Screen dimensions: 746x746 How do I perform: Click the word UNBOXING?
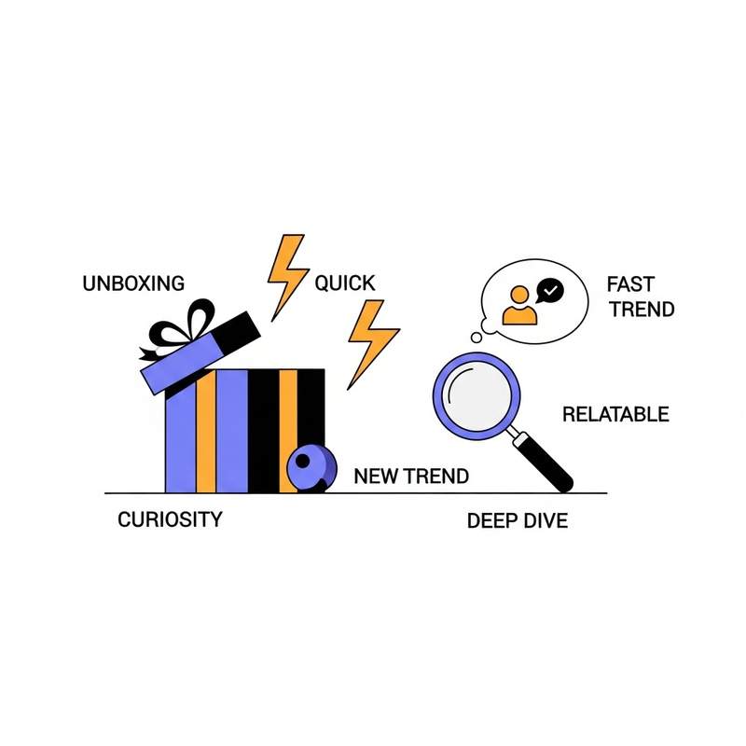[x=133, y=283]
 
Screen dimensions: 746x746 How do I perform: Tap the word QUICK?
[x=344, y=283]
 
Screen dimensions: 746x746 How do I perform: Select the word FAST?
[x=629, y=283]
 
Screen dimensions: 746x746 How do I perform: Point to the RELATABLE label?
[x=615, y=414]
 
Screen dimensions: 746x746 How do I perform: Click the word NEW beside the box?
[x=377, y=477]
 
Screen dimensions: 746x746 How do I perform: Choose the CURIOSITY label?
[x=171, y=519]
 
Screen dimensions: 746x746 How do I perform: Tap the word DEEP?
[x=491, y=520]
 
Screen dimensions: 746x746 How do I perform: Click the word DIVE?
[x=544, y=520]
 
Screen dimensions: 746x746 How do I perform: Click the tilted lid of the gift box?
[x=200, y=350]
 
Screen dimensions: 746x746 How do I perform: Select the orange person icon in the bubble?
[x=519, y=305]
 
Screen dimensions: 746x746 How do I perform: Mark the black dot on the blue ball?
[x=302, y=460]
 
